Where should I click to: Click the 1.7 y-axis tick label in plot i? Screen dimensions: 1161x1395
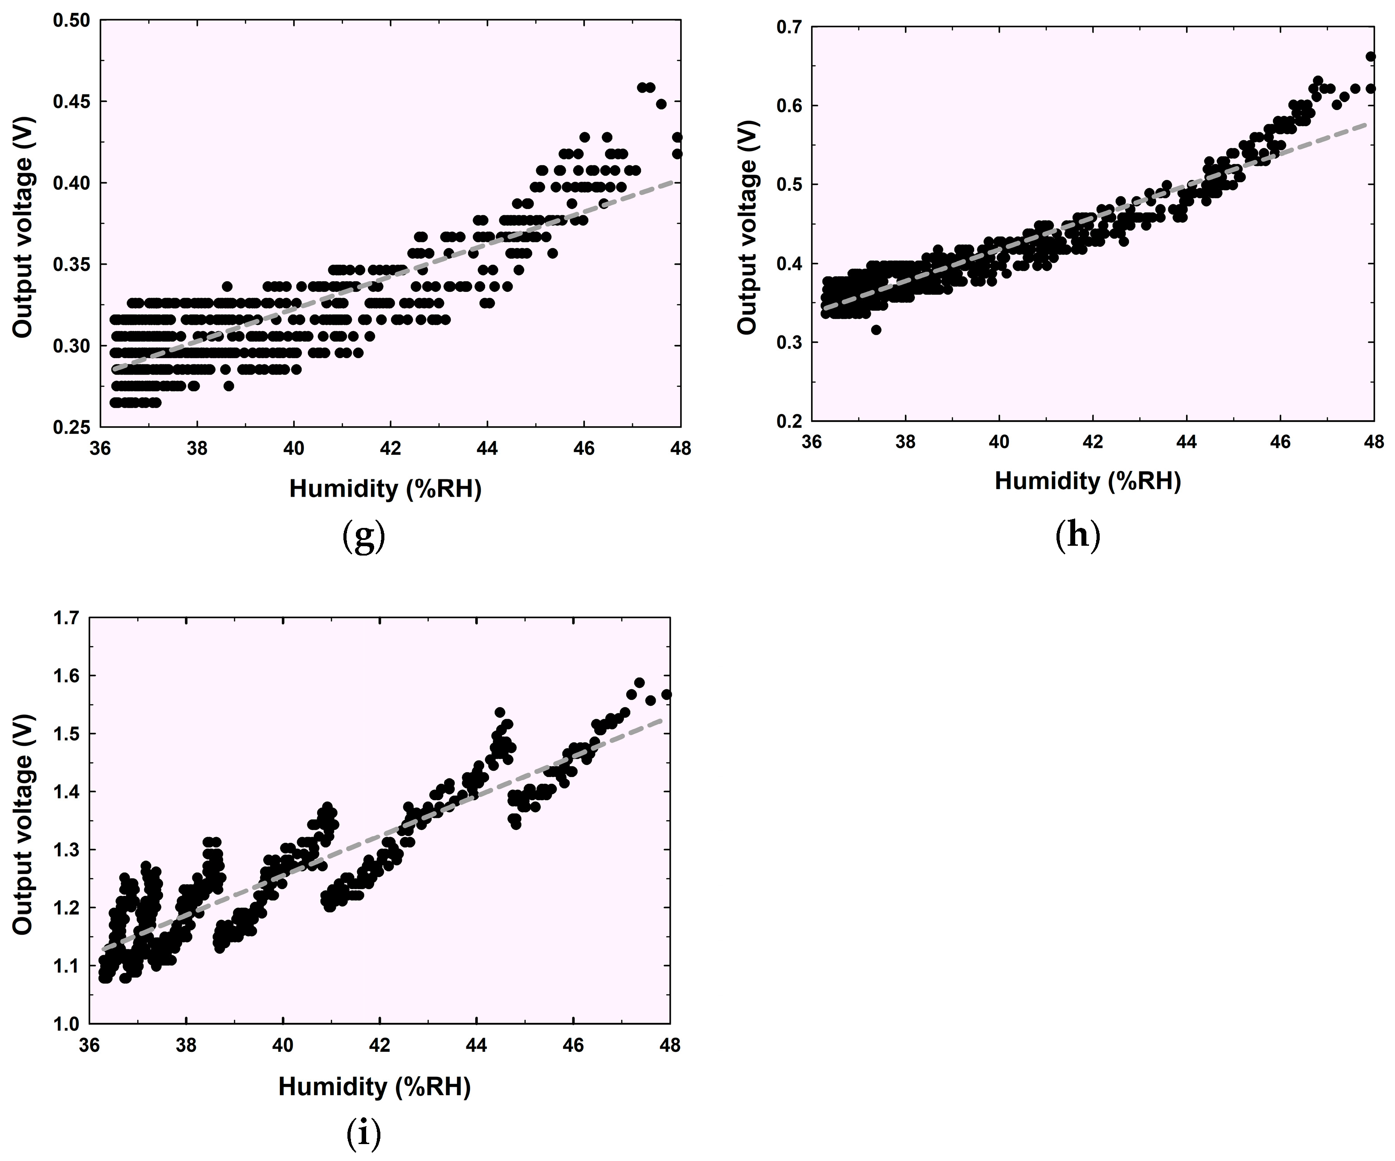66,618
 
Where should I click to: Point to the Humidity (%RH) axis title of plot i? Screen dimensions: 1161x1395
374,1087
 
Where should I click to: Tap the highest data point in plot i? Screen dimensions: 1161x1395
640,683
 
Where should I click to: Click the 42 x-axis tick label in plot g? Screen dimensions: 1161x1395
391,449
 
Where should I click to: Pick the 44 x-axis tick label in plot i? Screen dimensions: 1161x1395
476,1045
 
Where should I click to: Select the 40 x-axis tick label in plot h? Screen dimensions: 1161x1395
999,442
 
